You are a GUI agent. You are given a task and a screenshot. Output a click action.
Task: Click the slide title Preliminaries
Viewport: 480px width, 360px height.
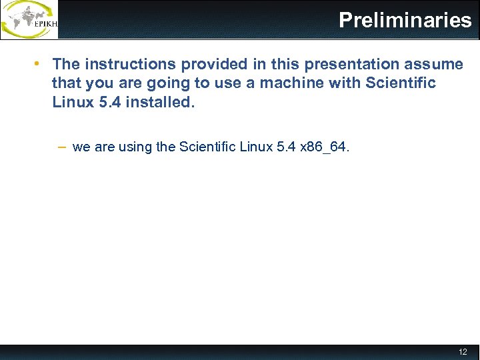point(405,20)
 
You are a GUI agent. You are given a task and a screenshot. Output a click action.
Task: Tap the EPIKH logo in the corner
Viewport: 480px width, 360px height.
point(29,19)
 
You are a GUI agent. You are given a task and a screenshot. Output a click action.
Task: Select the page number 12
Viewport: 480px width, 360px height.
point(463,351)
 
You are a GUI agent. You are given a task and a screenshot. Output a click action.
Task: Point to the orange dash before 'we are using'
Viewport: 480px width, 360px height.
point(61,147)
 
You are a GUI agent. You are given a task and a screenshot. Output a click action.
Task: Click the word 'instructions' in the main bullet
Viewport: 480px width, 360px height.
point(127,64)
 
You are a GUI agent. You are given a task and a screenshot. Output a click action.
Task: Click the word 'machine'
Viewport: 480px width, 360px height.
point(292,83)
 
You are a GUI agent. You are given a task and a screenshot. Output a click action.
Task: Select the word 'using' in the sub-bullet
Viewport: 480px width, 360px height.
point(135,147)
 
